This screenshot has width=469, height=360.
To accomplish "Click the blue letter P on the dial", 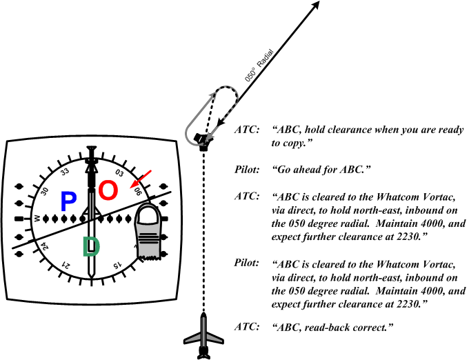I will pos(68,201).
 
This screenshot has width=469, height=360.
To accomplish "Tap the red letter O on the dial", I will pos(108,191).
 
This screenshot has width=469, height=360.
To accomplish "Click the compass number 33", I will pos(65,172).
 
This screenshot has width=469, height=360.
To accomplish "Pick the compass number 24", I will pos(43,246).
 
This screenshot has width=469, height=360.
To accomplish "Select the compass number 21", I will pos(66,266).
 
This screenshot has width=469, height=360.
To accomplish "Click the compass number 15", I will pos(117,264).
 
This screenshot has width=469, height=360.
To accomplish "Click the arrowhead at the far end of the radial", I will pos(317,5).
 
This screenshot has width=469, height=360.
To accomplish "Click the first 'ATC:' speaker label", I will pos(248,130).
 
